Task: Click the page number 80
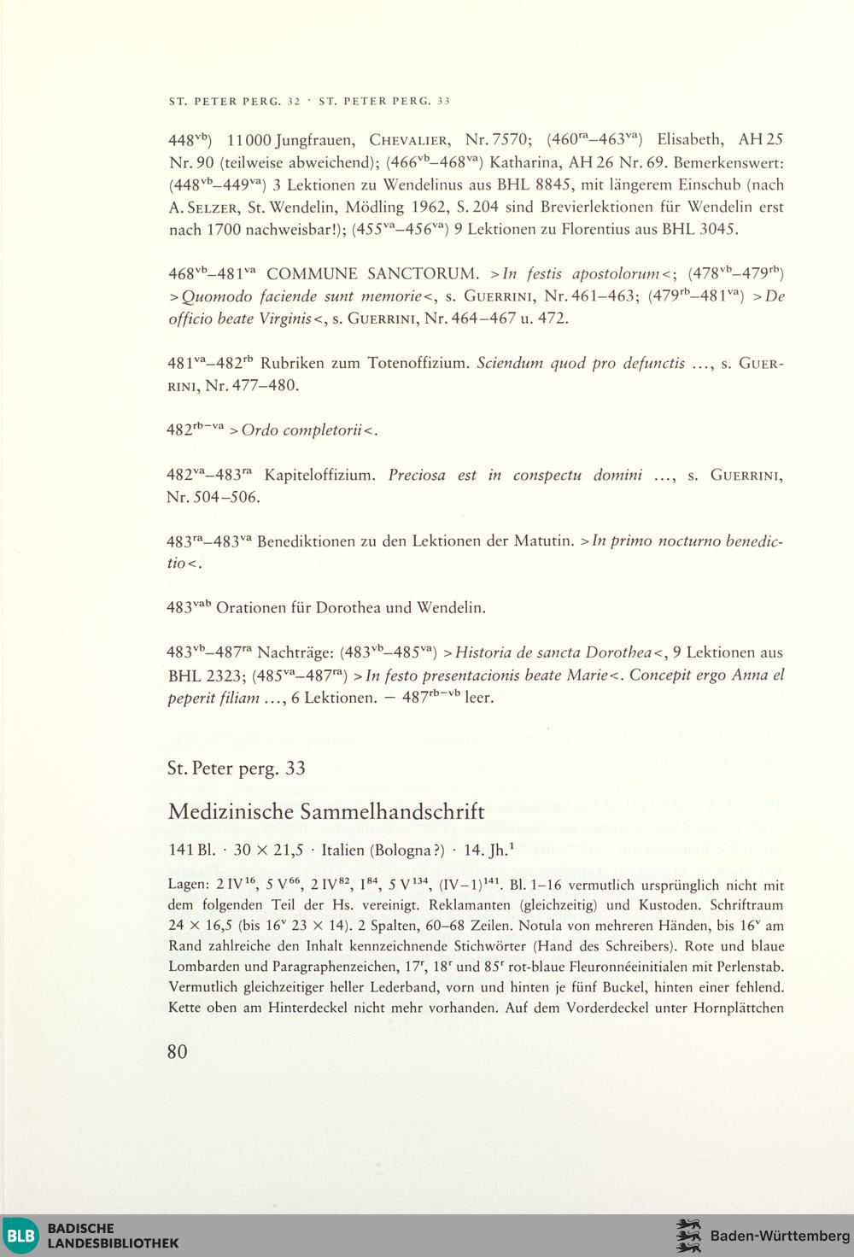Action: pos(177,1051)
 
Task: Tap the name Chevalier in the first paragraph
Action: pos(410,140)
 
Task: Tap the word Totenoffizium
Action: pos(418,363)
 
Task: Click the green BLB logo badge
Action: pos(22,1235)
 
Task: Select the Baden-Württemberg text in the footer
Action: pos(780,1236)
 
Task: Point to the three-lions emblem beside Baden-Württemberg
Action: pos(688,1235)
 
